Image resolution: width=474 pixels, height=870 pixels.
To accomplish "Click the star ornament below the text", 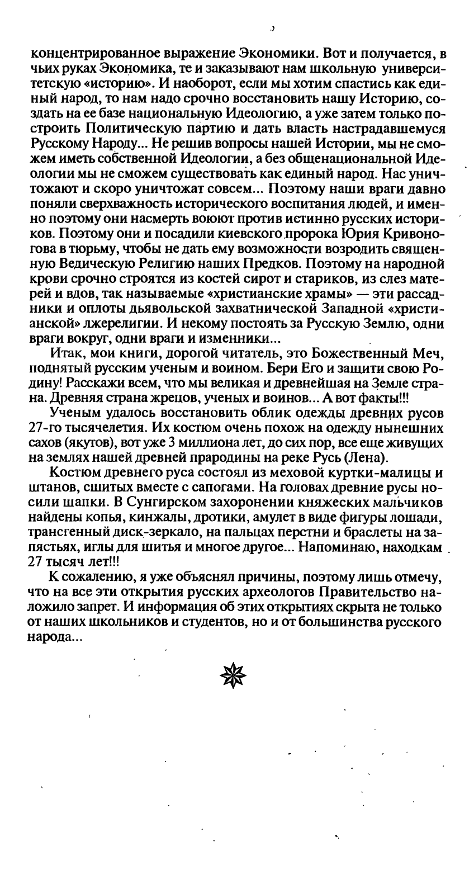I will pos(233,675).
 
